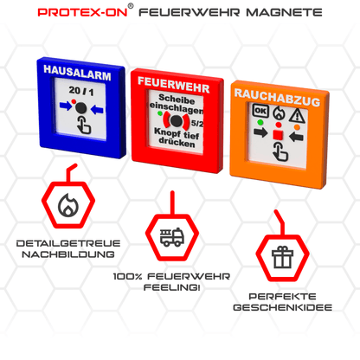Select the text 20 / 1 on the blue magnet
pos(79,92)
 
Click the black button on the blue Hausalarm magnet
pos(80,108)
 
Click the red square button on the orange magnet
pos(276,136)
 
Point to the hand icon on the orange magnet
pos(278,154)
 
